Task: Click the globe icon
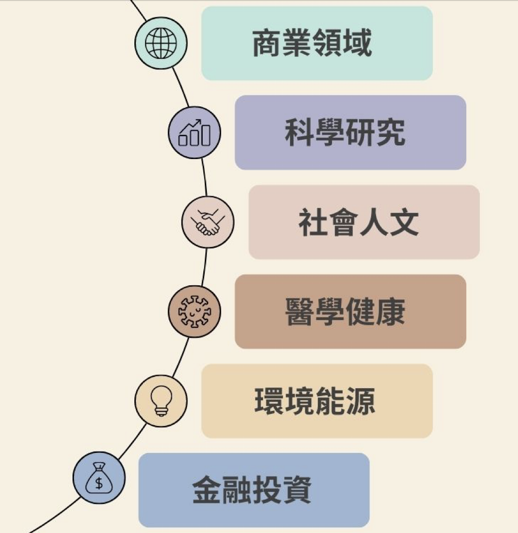[161, 43]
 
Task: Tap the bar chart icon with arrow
[195, 133]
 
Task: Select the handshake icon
[208, 222]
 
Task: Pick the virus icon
[195, 311]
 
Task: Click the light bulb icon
[161, 401]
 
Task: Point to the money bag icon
[99, 478]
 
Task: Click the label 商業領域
[312, 44]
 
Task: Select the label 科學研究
[345, 133]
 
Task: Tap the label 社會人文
[358, 222]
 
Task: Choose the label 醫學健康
[345, 312]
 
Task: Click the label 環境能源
[314, 401]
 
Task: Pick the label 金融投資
[251, 490]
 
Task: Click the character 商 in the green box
[268, 44]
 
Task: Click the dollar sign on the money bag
[99, 483]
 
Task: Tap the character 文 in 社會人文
[404, 222]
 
